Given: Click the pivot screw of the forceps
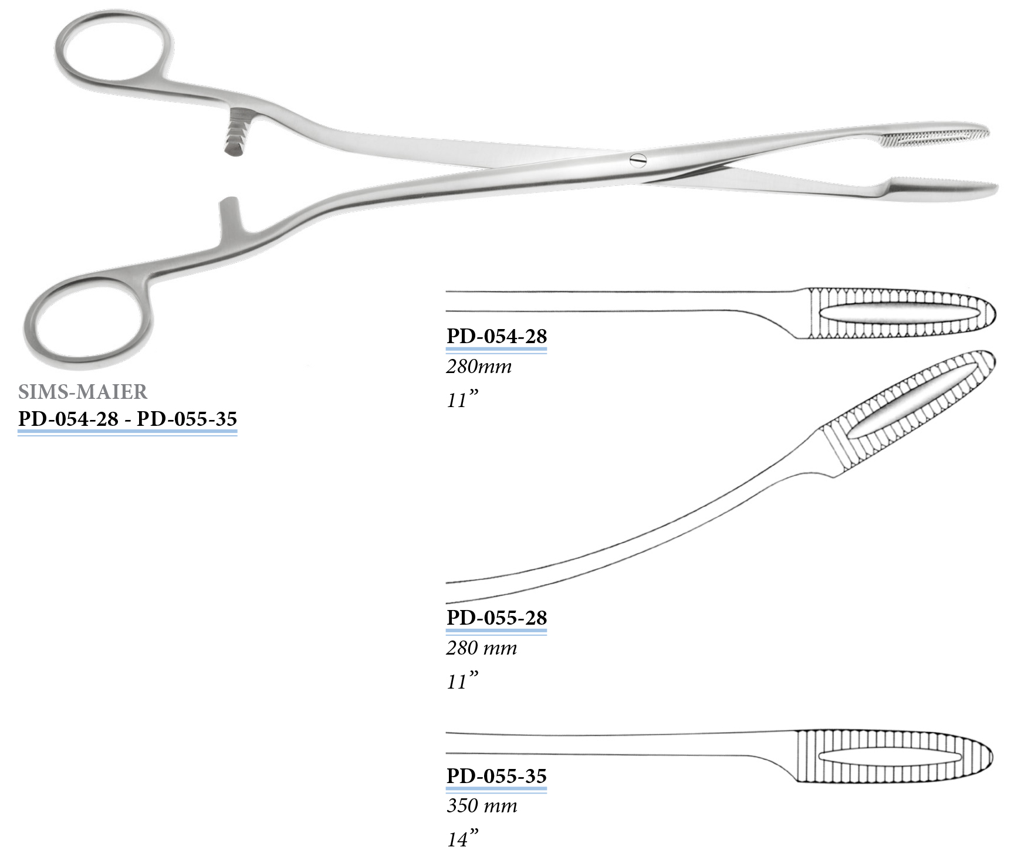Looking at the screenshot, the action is (638, 160).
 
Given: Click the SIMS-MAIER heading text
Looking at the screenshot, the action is (83, 391).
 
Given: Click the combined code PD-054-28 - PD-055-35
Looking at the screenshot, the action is (127, 419).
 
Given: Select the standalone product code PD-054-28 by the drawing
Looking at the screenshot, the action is (496, 336).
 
